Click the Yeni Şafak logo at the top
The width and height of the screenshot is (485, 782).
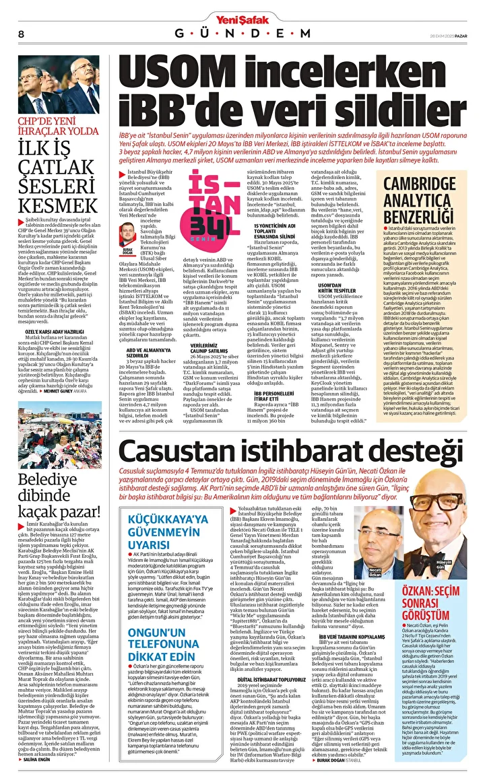point(242,8)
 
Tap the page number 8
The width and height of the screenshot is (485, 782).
point(21,33)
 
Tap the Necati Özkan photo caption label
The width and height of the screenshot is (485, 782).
point(375,573)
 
